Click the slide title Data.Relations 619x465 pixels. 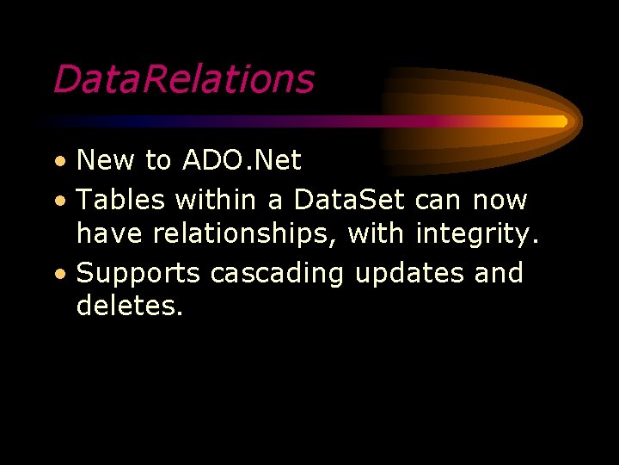click(183, 79)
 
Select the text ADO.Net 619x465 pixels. click(242, 160)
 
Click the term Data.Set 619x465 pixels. click(350, 200)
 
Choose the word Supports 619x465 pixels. click(138, 274)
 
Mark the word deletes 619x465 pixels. click(129, 305)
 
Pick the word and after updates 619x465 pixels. click(499, 272)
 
